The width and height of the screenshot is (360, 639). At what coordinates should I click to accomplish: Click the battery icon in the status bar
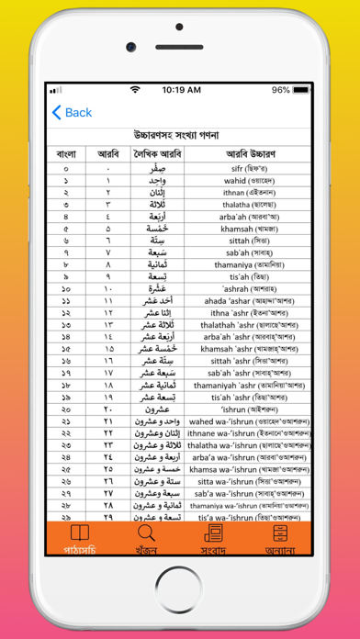click(x=304, y=90)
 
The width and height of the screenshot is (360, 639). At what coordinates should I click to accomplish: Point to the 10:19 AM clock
click(x=180, y=90)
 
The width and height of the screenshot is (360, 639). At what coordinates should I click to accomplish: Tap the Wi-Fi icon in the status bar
click(x=136, y=90)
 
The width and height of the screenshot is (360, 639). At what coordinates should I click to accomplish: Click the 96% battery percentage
click(x=280, y=90)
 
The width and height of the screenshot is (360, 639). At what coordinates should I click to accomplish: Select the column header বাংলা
click(x=65, y=154)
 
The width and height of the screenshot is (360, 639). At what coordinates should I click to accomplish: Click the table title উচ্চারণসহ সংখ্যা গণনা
click(x=180, y=135)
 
